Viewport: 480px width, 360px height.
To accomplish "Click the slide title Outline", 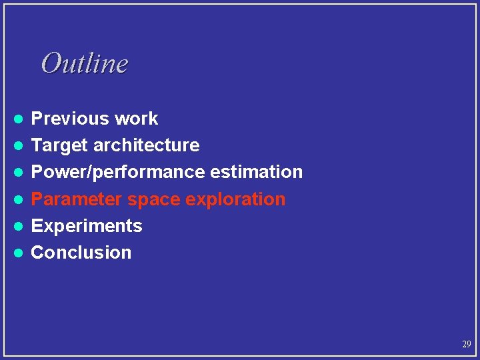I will pyautogui.click(x=84, y=63).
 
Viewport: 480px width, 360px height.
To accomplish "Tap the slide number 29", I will pyautogui.click(x=466, y=345).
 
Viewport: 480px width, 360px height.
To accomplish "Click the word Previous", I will pyautogui.click(x=70, y=119).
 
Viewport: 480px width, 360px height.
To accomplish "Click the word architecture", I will pyautogui.click(x=147, y=145).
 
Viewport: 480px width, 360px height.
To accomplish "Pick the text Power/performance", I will pyautogui.click(x=119, y=172).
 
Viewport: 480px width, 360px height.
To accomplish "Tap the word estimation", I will pyautogui.click(x=257, y=172).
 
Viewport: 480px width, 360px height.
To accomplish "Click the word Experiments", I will pyautogui.click(x=87, y=226).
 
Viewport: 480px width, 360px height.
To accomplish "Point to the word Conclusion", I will pyautogui.click(x=81, y=253).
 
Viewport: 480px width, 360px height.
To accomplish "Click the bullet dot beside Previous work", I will pyautogui.click(x=20, y=119).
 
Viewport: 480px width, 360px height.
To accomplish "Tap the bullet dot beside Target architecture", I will pyautogui.click(x=20, y=146).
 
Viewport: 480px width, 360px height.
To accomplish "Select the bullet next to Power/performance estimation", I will pyautogui.click(x=20, y=173).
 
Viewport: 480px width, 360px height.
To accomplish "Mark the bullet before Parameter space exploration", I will pyautogui.click(x=20, y=199).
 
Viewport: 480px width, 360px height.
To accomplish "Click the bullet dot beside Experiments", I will pyautogui.click(x=20, y=226).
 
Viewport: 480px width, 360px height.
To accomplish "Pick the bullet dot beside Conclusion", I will pyautogui.click(x=20, y=253).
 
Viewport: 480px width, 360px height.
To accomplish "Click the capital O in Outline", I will pyautogui.click(x=50, y=63).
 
